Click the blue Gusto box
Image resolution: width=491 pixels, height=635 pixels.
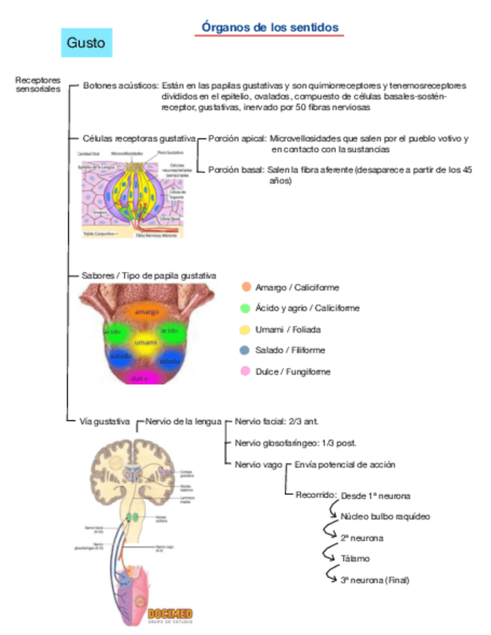point(86,43)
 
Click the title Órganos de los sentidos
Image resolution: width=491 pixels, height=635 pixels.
point(270,28)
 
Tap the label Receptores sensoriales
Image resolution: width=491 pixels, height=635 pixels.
point(34,85)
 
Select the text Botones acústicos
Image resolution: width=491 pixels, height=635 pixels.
point(120,85)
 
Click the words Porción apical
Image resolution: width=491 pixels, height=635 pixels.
point(237,139)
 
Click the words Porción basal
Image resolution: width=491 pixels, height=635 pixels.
point(235,170)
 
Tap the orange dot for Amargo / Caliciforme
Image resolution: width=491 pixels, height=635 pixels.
point(246,287)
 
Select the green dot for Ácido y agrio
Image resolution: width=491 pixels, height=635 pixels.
point(246,308)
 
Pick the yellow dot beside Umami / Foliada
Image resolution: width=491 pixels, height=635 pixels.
point(246,329)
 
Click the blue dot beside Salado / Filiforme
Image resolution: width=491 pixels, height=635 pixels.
point(246,350)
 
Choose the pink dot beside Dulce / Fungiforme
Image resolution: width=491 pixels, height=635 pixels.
point(246,371)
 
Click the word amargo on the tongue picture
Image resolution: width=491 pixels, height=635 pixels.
point(147,311)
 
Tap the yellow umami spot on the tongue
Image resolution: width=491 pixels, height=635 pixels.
point(146,344)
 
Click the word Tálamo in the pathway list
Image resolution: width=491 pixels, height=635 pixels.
point(355,559)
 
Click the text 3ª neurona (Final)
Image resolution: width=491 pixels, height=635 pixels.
point(375,580)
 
